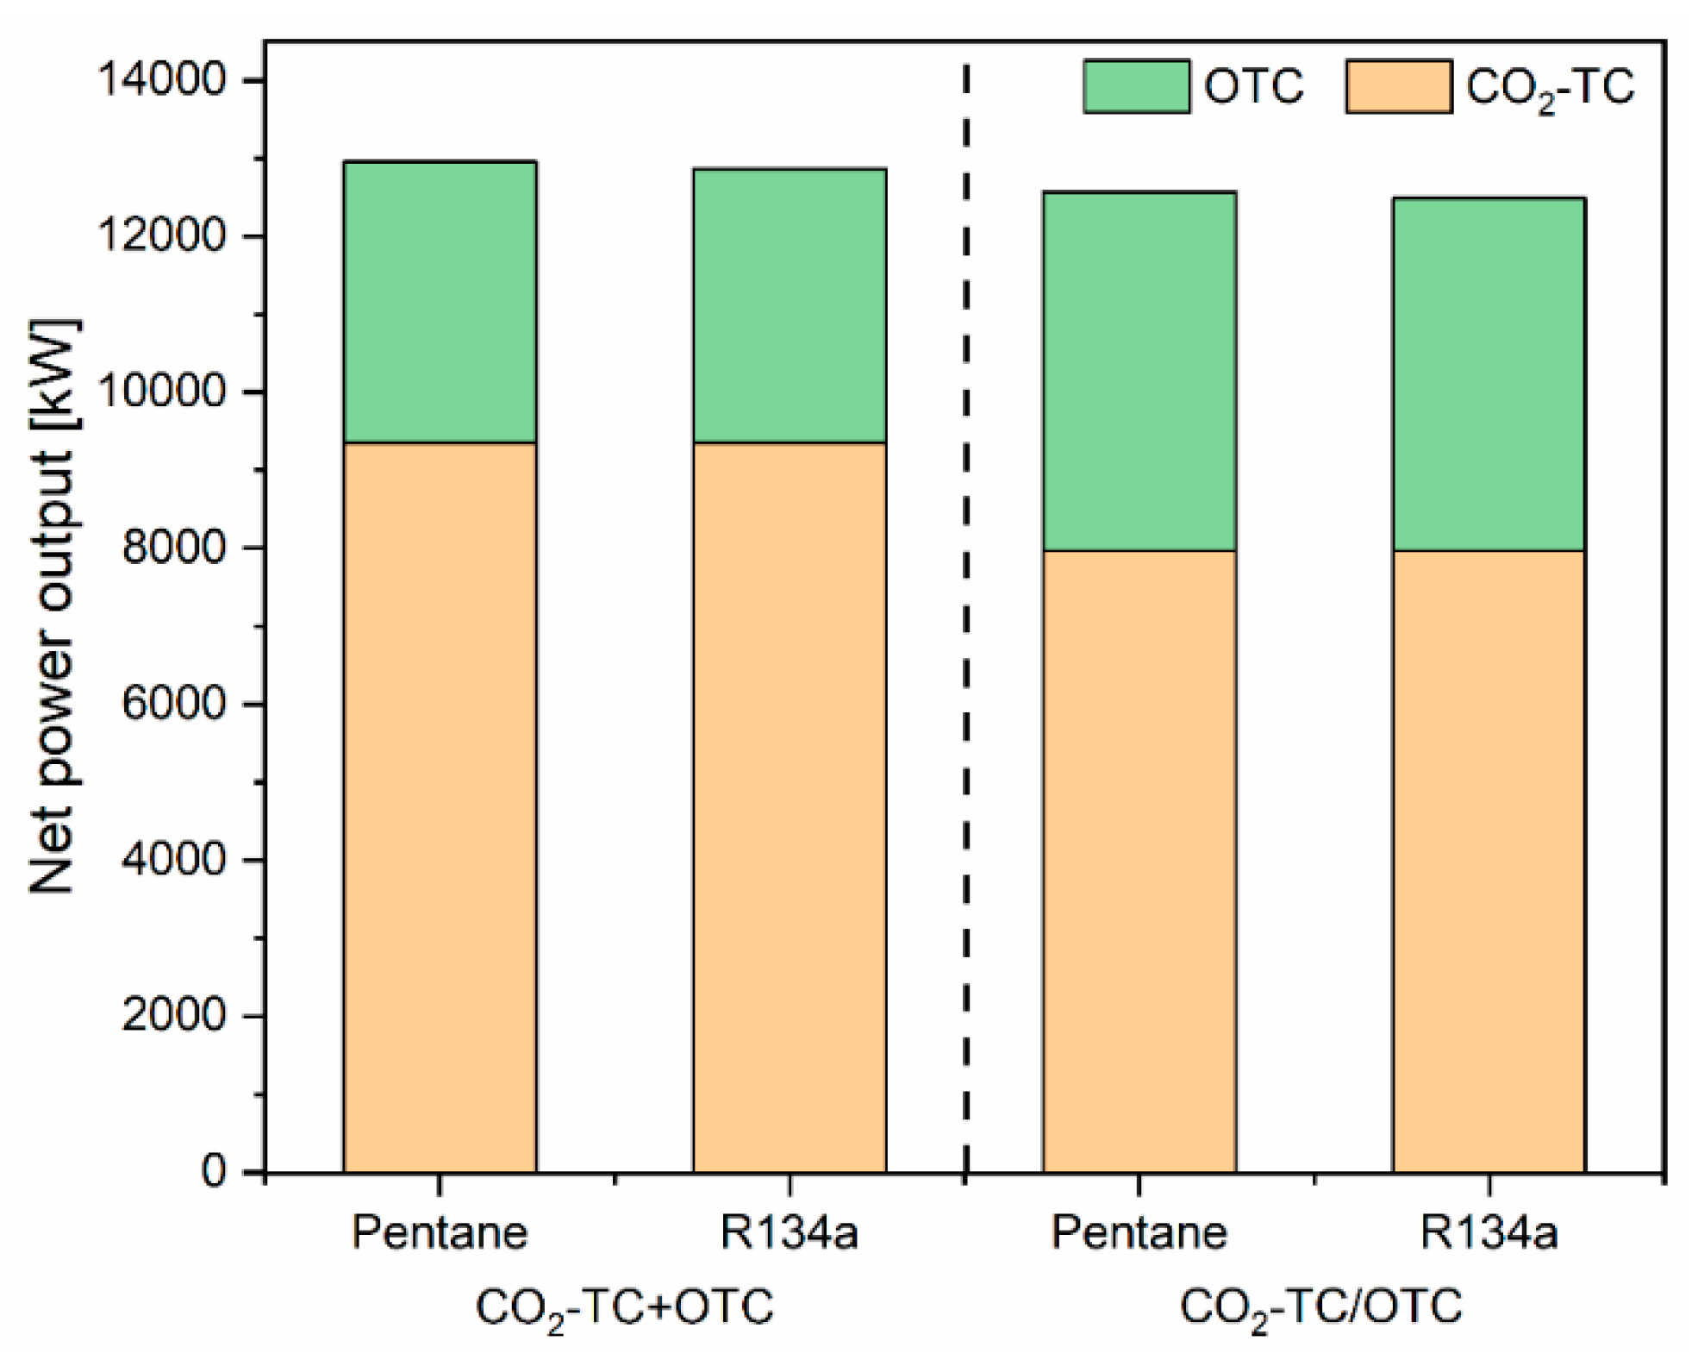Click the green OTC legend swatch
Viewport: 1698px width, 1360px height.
click(1136, 86)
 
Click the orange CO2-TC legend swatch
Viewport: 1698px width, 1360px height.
click(1398, 86)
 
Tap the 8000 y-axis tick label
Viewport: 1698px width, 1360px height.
click(172, 549)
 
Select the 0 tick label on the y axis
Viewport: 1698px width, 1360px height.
click(214, 1173)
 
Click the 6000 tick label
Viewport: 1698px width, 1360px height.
click(172, 705)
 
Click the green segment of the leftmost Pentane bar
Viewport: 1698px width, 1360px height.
click(440, 302)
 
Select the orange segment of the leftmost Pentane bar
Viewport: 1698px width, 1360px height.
click(440, 806)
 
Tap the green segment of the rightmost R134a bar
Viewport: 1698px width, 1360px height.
click(1489, 373)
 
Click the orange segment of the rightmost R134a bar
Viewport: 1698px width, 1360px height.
click(1489, 861)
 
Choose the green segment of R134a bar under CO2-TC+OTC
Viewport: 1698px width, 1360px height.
click(790, 305)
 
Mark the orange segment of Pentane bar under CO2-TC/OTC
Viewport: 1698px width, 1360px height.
click(1139, 861)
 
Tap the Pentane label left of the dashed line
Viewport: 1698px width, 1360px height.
click(440, 1234)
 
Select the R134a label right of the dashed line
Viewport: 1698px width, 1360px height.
click(1489, 1234)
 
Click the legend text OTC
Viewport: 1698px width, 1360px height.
click(1254, 87)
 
